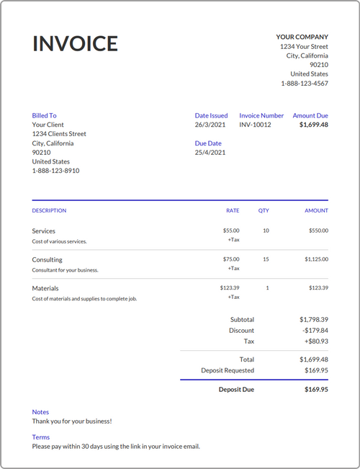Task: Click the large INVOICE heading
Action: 75,43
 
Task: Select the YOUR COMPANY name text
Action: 302,37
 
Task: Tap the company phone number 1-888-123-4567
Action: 305,84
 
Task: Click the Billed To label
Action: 44,115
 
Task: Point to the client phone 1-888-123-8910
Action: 55,171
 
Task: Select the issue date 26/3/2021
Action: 210,125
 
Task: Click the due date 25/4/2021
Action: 210,153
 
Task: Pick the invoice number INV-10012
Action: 255,125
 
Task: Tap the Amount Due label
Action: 310,115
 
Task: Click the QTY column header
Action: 264,211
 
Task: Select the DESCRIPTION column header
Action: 49,211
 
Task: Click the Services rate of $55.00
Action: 231,231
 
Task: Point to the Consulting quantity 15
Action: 266,259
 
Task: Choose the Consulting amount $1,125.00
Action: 316,259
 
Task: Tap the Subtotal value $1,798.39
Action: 314,319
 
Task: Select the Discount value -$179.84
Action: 315,331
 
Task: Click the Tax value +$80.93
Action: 315,341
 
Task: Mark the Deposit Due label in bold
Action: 236,390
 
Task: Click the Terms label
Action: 41,437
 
